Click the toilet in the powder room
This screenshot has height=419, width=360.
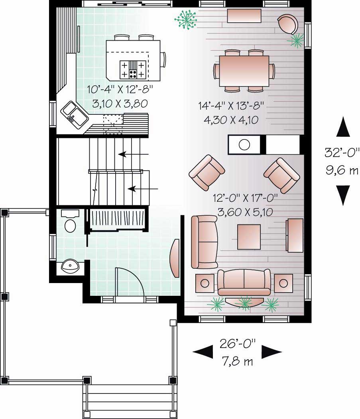(70, 225)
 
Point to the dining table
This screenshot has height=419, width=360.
(244, 71)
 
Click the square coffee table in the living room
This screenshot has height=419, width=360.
(249, 236)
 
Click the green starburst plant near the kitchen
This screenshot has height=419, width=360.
(187, 19)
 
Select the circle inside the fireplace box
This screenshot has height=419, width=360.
(244, 144)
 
